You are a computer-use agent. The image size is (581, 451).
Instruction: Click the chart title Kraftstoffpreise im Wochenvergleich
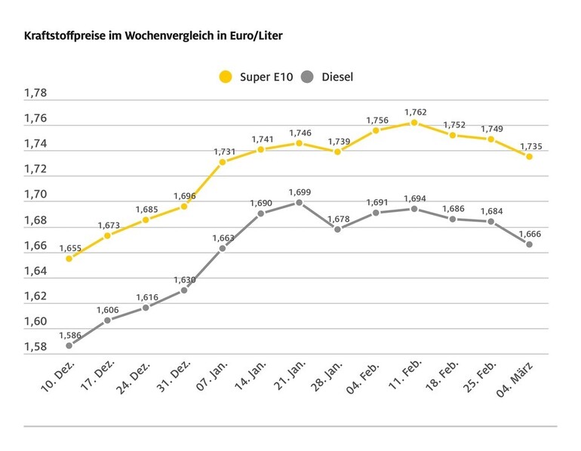[154, 35]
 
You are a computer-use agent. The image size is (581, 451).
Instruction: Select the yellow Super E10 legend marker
[225, 76]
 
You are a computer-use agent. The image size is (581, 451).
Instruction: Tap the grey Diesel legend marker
[307, 76]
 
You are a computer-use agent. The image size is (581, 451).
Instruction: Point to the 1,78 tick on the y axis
[35, 94]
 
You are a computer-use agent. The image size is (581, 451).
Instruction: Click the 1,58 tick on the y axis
[35, 347]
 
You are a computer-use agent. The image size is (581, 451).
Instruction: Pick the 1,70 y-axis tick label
[35, 195]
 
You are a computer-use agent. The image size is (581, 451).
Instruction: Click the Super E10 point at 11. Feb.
[414, 122]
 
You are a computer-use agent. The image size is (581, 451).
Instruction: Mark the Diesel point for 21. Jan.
[299, 202]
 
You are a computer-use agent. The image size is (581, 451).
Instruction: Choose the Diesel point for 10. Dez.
[69, 345]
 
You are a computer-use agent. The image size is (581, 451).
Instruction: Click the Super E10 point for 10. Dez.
[69, 258]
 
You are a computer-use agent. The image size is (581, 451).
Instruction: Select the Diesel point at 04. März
[530, 244]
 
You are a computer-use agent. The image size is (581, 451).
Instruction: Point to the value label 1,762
[414, 110]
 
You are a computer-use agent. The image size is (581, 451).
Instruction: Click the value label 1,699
[300, 192]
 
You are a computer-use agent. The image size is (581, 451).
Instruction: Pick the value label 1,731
[223, 150]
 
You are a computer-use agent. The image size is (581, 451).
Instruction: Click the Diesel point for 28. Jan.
[337, 229]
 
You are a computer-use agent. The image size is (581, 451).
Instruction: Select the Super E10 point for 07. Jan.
[223, 161]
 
